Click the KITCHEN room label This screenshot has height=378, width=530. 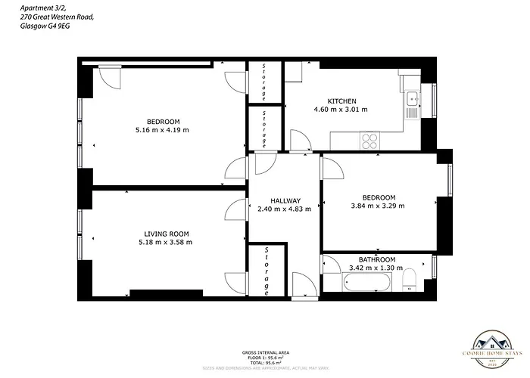[x=341, y=101]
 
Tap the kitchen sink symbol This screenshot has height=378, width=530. [x=411, y=98]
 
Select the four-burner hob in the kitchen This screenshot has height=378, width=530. [x=370, y=140]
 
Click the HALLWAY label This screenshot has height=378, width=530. [x=285, y=200]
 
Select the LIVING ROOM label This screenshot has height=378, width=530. [x=167, y=234]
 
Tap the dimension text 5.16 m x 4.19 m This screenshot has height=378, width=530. [x=163, y=130]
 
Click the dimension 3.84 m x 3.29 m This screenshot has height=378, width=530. [x=378, y=206]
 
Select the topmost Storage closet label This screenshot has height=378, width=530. [x=264, y=82]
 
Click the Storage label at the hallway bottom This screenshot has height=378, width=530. [x=266, y=271]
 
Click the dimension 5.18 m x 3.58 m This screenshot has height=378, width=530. [x=167, y=243]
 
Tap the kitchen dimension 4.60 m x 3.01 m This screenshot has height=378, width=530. [x=341, y=110]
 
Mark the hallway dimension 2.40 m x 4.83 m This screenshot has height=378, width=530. [x=285, y=209]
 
